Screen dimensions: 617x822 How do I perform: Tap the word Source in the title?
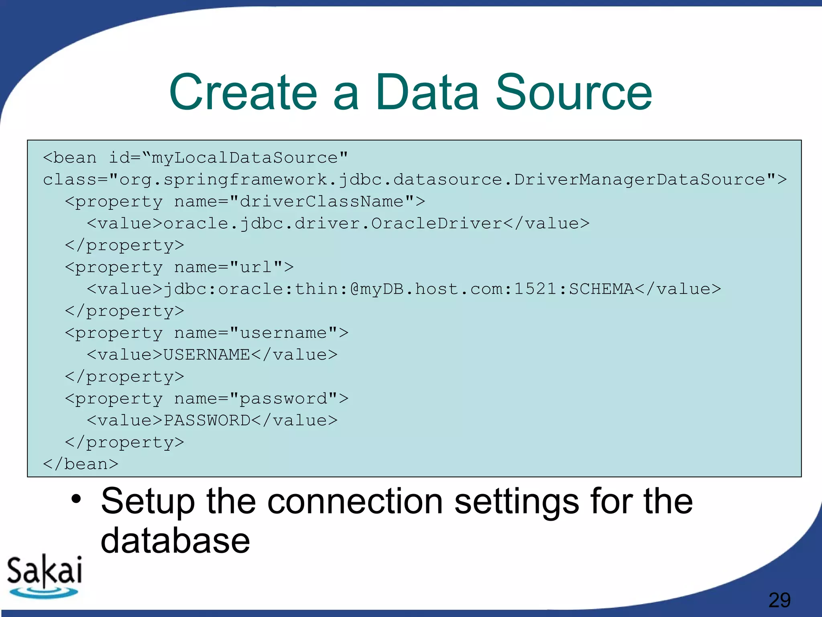coord(574,92)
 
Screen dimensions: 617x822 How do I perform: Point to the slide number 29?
coord(779,600)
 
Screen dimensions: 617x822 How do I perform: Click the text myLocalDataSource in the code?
coord(244,158)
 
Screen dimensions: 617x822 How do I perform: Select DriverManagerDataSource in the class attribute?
coord(640,180)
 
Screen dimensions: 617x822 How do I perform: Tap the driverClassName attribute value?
coord(321,201)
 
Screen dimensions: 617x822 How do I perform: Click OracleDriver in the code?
coord(436,223)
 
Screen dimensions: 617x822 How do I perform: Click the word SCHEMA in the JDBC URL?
coord(601,289)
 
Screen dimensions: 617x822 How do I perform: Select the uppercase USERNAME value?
coord(207,355)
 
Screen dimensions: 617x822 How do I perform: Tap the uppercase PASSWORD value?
coord(207,421)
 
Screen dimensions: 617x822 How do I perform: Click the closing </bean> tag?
coord(81,464)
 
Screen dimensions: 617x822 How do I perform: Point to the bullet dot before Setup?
coord(76,499)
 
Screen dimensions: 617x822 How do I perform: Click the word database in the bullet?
coord(175,541)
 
